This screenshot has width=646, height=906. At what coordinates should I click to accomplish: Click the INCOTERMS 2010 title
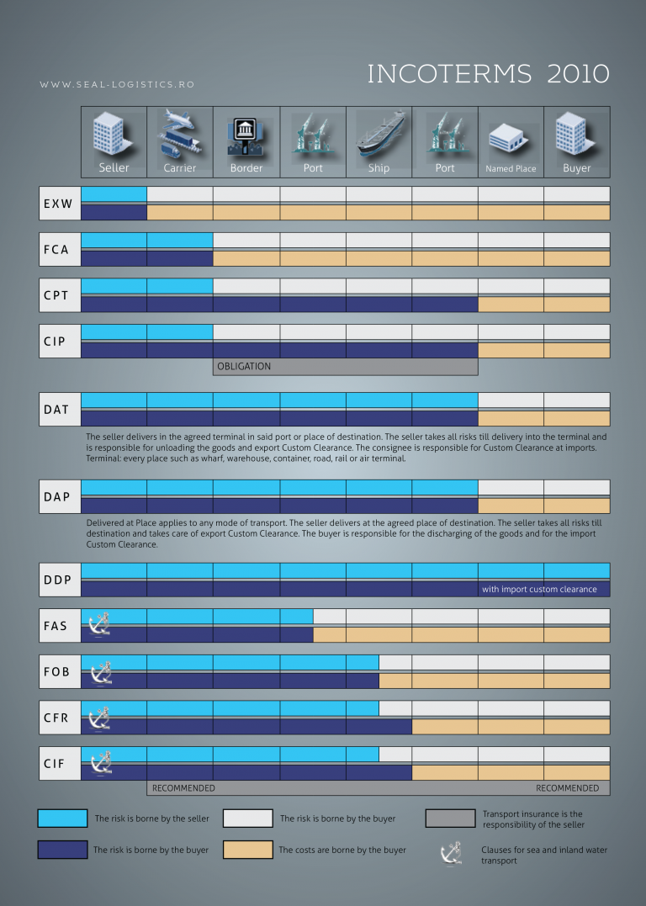point(488,74)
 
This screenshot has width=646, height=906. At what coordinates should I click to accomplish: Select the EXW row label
point(58,204)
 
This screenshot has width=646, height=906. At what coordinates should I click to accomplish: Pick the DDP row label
point(58,580)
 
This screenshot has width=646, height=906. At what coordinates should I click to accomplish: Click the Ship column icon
point(379,135)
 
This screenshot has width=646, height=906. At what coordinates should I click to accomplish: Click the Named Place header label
point(511,168)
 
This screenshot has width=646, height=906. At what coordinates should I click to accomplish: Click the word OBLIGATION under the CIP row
point(244,367)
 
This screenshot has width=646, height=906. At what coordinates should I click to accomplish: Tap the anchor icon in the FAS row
point(100,625)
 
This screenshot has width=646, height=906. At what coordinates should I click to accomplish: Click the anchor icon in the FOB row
point(100,671)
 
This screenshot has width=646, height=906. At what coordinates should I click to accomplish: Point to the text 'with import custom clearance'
point(539,589)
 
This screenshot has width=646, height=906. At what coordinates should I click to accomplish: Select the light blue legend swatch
point(62,819)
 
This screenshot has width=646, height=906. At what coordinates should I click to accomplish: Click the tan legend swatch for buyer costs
point(247,850)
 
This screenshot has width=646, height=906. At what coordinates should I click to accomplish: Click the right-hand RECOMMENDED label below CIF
point(567,788)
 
